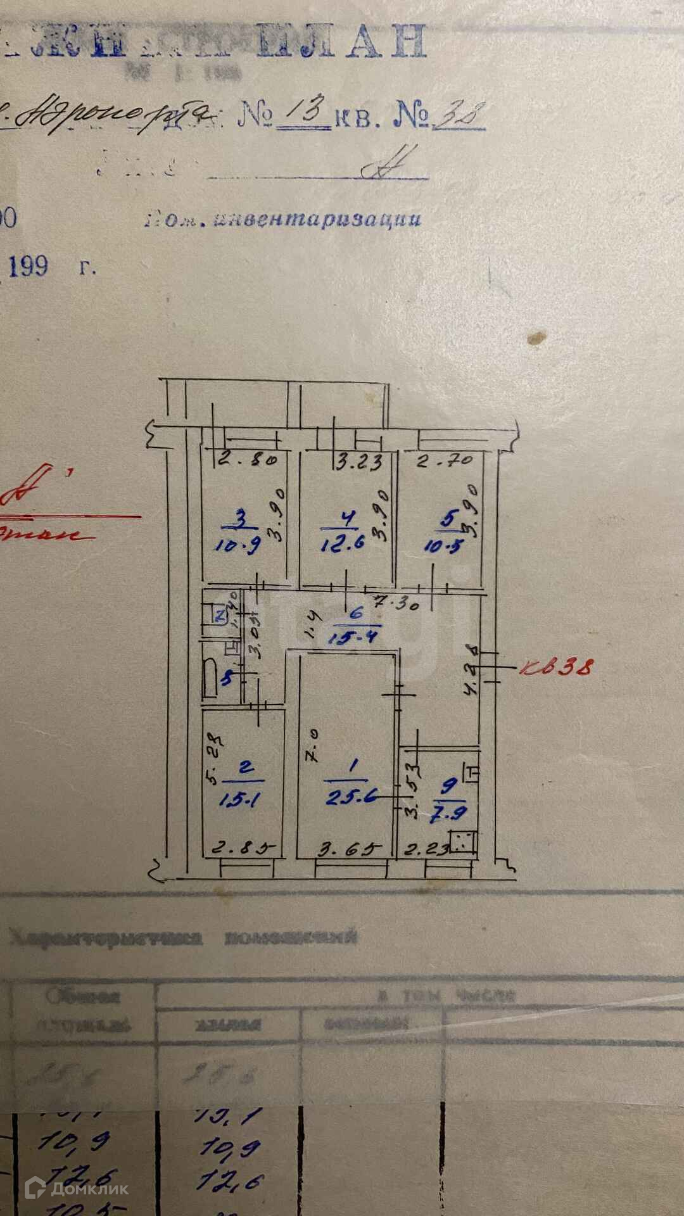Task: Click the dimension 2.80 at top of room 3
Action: click(x=247, y=460)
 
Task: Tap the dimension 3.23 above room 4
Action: click(x=359, y=462)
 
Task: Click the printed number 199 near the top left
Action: click(x=28, y=266)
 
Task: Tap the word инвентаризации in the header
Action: click(x=318, y=219)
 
